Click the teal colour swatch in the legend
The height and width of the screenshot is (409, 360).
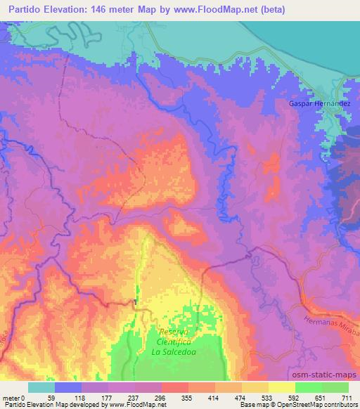pos(41,387)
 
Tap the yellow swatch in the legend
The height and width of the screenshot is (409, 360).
pos(282,387)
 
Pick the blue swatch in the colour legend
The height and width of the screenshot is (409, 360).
pos(68,387)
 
